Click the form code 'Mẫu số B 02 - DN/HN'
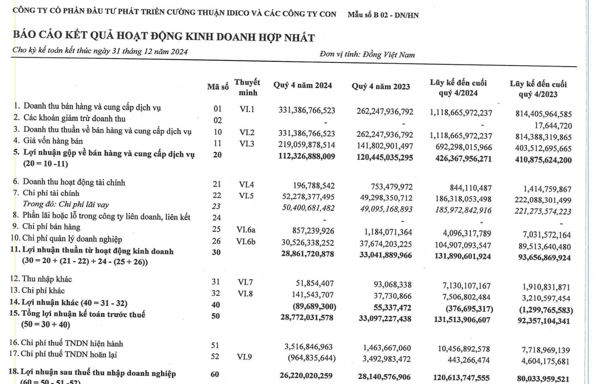pyautogui.click(x=383, y=15)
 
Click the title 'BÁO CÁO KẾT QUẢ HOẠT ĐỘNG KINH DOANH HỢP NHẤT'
pyautogui.click(x=164, y=37)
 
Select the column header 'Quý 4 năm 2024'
pyautogui.click(x=302, y=85)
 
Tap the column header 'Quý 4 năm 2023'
pyautogui.click(x=381, y=87)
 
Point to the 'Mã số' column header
pyautogui.click(x=218, y=87)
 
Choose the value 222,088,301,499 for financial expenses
pyautogui.click(x=540, y=200)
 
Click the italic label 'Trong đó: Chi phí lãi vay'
pyautogui.click(x=66, y=205)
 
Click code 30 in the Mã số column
pyautogui.click(x=216, y=252)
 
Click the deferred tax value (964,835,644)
pyautogui.click(x=311, y=358)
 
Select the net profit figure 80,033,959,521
pyautogui.click(x=540, y=379)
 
